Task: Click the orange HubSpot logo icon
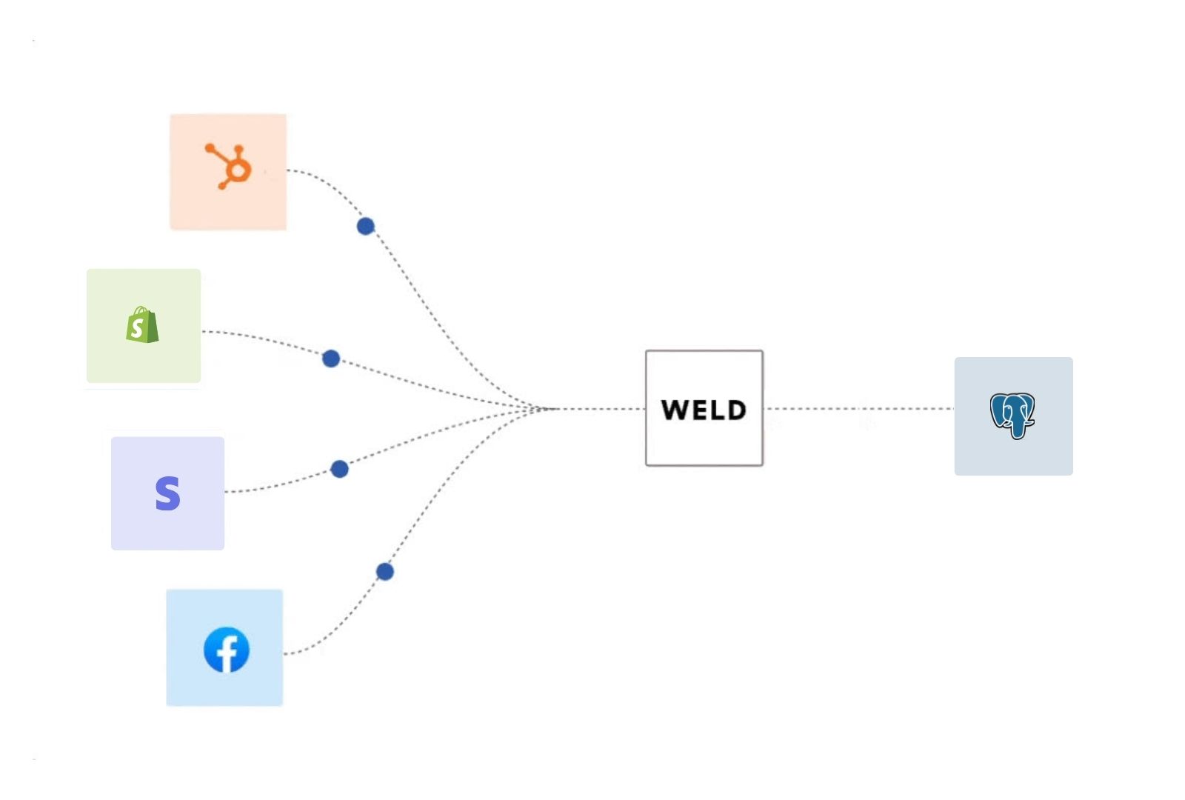point(229,167)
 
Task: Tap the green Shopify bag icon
point(142,325)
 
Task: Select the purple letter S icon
point(167,493)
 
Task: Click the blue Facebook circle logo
point(227,650)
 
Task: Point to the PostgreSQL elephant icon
point(1012,415)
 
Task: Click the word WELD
point(704,410)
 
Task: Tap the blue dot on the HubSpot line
point(365,226)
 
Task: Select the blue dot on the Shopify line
point(331,359)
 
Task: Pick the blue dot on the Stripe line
point(339,469)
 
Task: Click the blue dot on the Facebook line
point(384,571)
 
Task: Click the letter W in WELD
point(675,410)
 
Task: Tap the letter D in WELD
point(735,410)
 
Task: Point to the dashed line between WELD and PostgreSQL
point(859,408)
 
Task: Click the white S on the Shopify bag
point(137,327)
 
